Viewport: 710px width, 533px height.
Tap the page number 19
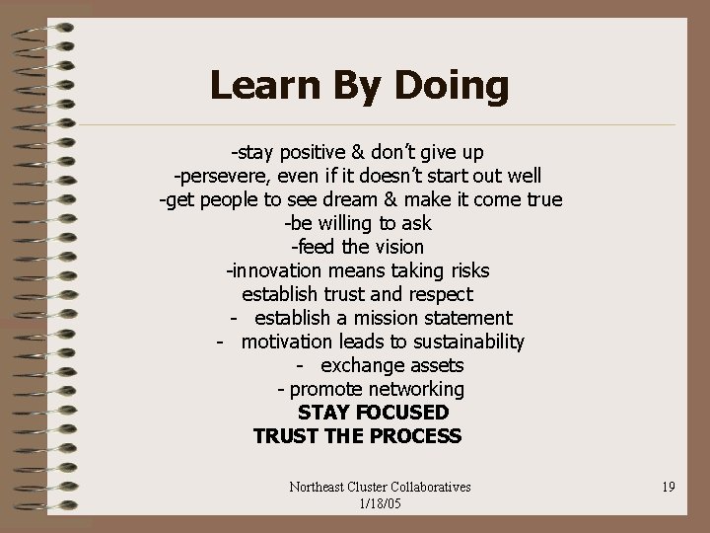pos(669,486)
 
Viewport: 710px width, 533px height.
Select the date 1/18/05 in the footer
pos(380,503)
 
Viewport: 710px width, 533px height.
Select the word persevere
pos(218,177)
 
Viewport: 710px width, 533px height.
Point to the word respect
pos(438,294)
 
